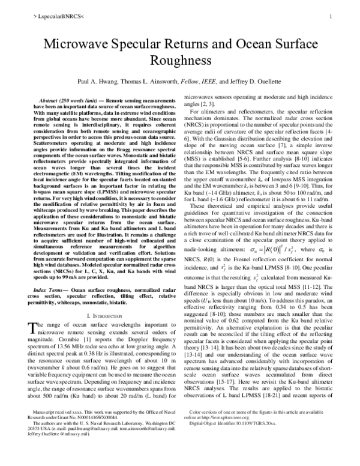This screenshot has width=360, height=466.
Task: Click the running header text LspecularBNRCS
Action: pyautogui.click(x=43, y=18)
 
